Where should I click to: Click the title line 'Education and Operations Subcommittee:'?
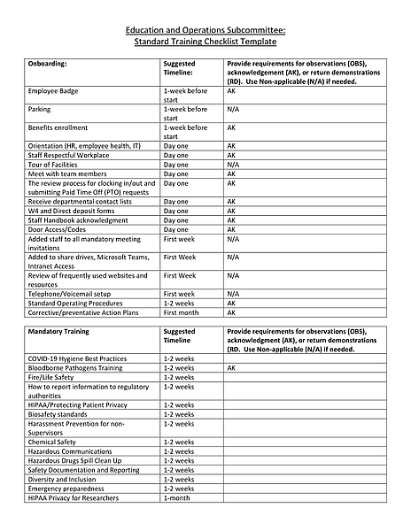point(205,30)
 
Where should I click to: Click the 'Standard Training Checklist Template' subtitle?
point(205,42)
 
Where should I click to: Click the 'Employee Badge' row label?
point(56,91)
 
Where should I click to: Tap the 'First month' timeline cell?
point(182,312)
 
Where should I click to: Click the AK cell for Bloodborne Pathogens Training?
point(231,367)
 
